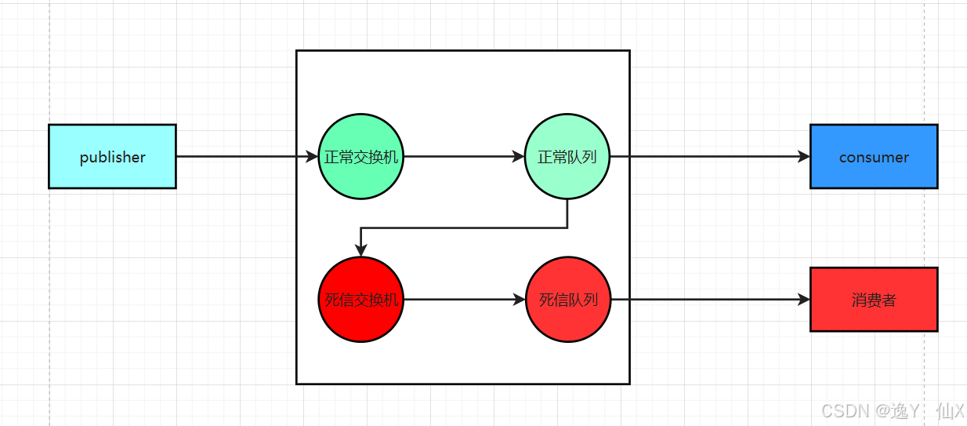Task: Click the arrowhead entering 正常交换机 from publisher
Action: click(312, 157)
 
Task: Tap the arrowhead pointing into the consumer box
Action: click(803, 157)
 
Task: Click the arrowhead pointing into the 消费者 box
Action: click(803, 300)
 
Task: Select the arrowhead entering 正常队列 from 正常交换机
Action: click(518, 157)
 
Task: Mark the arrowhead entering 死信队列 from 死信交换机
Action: click(519, 300)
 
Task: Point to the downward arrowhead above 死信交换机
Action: click(360, 250)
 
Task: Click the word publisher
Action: click(112, 157)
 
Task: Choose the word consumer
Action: click(873, 157)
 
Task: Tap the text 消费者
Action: click(873, 300)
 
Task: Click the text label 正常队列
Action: click(567, 157)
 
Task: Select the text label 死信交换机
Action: click(361, 300)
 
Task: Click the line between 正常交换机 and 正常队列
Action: click(462, 157)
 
